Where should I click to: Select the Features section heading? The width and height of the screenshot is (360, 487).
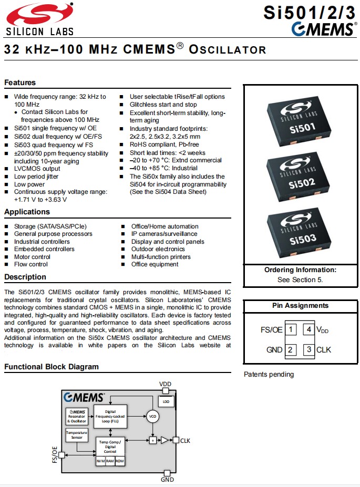pyautogui.click(x=20, y=82)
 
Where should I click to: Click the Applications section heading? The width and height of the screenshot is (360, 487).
pyautogui.click(x=27, y=212)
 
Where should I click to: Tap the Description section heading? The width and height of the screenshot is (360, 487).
pyautogui.click(x=25, y=277)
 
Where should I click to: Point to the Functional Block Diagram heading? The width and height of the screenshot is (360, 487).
pyautogui.click(x=52, y=367)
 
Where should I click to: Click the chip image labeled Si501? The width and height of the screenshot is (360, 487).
pyautogui.click(x=299, y=120)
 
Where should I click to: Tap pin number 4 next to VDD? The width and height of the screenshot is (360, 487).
pyautogui.click(x=309, y=330)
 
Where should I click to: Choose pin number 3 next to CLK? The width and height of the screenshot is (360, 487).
pyautogui.click(x=309, y=349)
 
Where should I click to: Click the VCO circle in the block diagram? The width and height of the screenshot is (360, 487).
pyautogui.click(x=152, y=416)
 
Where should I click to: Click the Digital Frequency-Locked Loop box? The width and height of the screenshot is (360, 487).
pyautogui.click(x=110, y=416)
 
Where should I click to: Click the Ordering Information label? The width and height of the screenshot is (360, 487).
pyautogui.click(x=300, y=270)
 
